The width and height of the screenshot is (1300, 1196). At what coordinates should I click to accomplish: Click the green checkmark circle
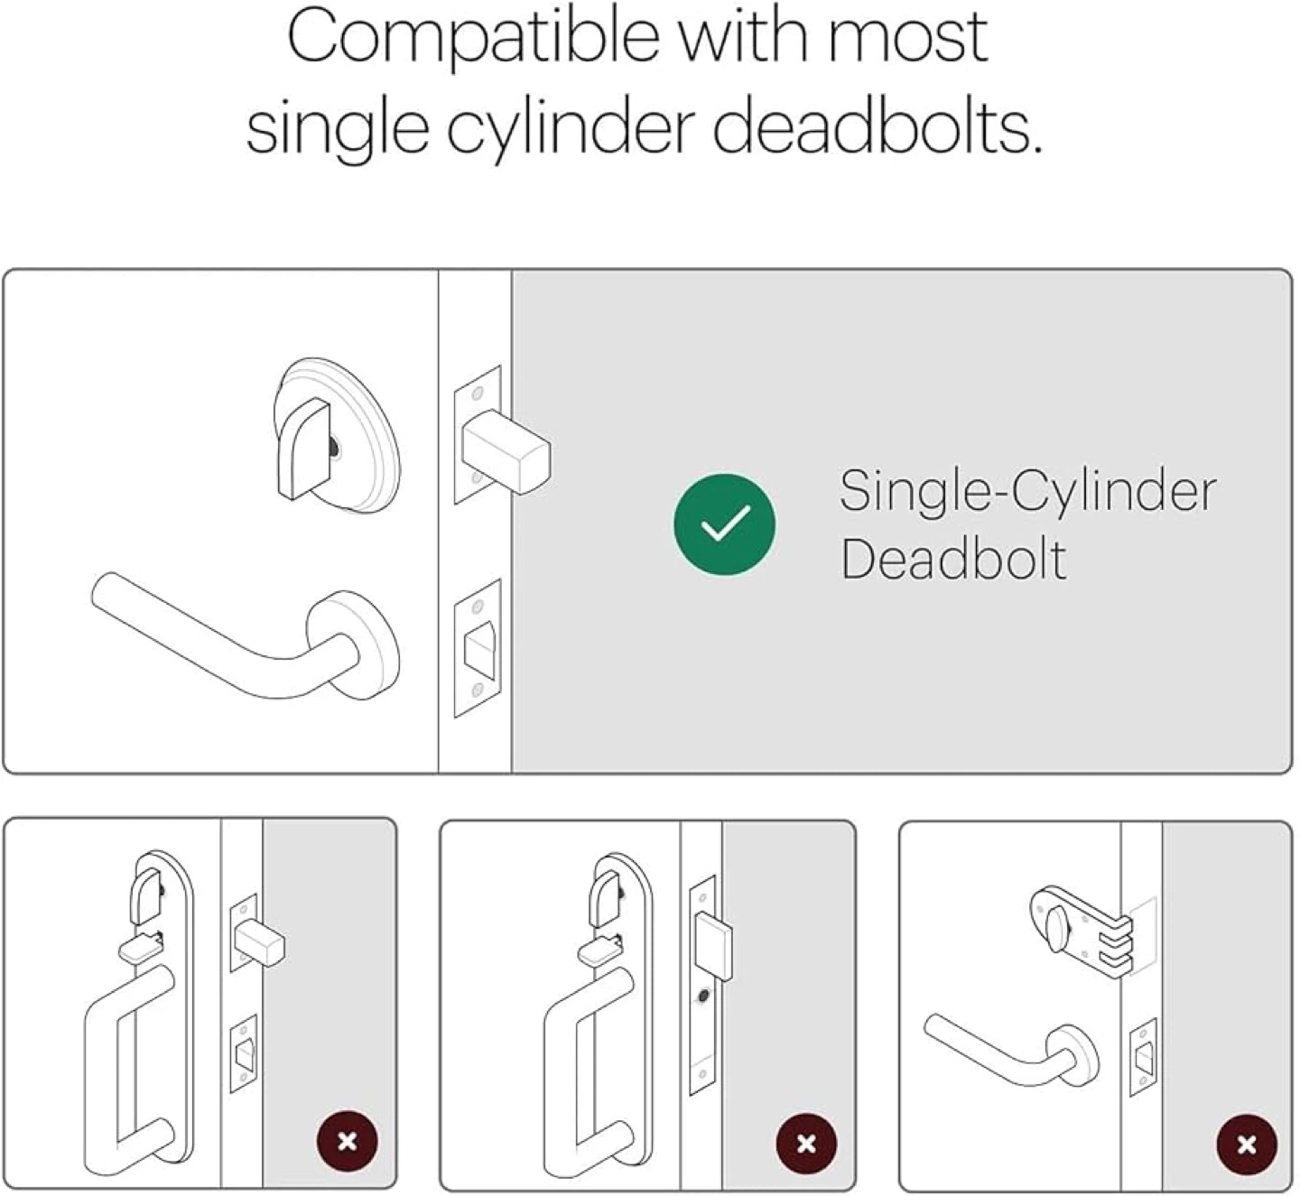pyautogui.click(x=724, y=524)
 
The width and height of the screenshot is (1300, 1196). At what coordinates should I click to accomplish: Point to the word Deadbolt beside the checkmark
pyautogui.click(x=952, y=558)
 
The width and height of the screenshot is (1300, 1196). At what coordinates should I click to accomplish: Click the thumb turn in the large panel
pyautogui.click(x=303, y=448)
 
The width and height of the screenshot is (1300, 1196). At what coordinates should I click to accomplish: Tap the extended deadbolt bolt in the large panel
pyautogui.click(x=506, y=451)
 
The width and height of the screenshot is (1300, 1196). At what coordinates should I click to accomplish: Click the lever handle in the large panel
pyautogui.click(x=246, y=636)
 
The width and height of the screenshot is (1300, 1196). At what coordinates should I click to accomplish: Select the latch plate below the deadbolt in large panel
pyautogui.click(x=478, y=649)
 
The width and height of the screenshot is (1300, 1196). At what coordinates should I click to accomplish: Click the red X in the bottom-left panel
pyautogui.click(x=347, y=1141)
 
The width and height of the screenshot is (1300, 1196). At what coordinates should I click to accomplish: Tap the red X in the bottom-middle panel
pyautogui.click(x=806, y=1143)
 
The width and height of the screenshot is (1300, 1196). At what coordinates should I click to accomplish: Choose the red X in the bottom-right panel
pyautogui.click(x=1247, y=1145)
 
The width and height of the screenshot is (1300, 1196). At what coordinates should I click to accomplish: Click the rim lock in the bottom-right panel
pyautogui.click(x=1082, y=928)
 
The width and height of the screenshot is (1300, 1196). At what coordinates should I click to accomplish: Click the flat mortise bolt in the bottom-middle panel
pyautogui.click(x=712, y=945)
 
